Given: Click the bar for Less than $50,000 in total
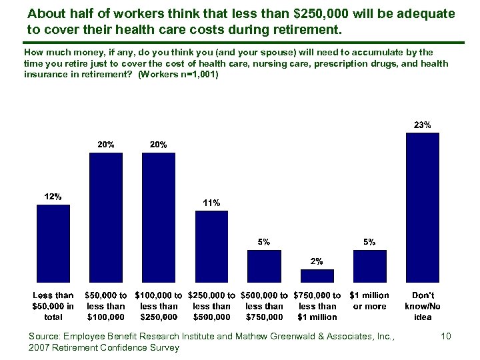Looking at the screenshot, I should click(x=53, y=243).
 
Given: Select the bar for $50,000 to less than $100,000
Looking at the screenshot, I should click(x=106, y=218).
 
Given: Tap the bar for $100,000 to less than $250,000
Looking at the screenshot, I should click(x=159, y=218).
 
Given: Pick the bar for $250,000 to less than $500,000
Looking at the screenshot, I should click(x=211, y=247).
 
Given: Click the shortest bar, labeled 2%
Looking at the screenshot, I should click(x=317, y=275).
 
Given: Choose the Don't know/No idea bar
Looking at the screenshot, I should click(x=423, y=208).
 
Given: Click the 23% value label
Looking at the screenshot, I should click(x=423, y=125).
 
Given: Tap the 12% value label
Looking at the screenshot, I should click(x=53, y=197).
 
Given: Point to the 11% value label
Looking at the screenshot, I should click(x=211, y=203).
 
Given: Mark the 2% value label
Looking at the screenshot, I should click(x=317, y=261).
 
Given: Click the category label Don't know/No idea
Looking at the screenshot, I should click(x=423, y=306).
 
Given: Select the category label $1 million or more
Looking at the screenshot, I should click(x=369, y=301).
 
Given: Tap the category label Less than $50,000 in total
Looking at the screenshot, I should click(x=53, y=306).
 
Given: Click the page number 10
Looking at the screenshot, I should click(x=446, y=337).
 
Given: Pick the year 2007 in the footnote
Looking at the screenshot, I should click(x=40, y=347).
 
